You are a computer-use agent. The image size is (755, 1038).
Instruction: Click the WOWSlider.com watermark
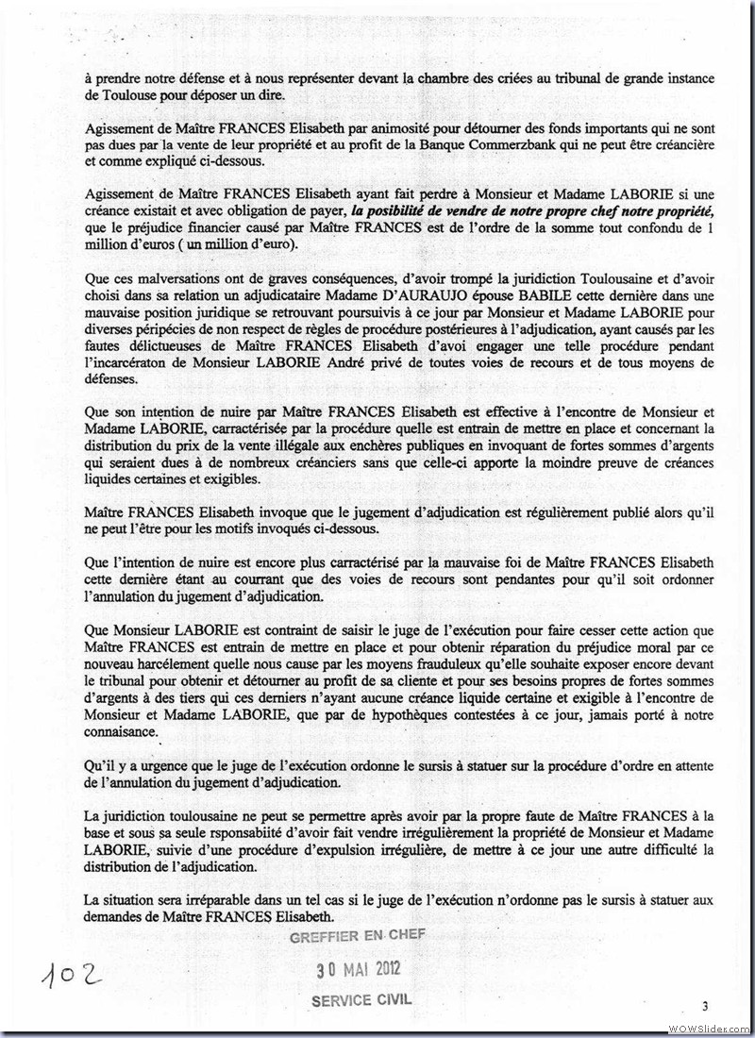point(707,1027)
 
